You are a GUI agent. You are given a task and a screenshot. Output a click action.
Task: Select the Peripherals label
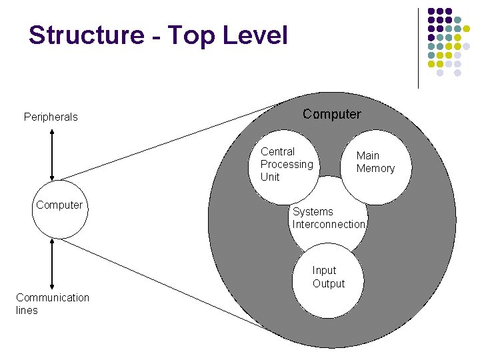[x=51, y=117]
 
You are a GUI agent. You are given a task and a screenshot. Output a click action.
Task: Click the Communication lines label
[x=52, y=304]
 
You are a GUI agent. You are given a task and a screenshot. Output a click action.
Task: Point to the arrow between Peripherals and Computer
[x=52, y=154]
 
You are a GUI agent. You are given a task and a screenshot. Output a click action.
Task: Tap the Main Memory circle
[x=375, y=166]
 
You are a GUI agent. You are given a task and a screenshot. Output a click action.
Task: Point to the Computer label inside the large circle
[x=332, y=115]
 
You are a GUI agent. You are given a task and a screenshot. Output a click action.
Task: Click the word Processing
[x=287, y=165]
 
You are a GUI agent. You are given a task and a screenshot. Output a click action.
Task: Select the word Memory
[x=375, y=169]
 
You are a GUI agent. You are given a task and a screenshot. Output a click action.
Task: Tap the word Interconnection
[x=329, y=225]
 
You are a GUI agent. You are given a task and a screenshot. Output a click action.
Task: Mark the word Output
[x=329, y=284]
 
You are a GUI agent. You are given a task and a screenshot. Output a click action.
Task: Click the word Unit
[x=270, y=177]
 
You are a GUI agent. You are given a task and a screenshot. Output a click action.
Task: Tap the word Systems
[x=313, y=212]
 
